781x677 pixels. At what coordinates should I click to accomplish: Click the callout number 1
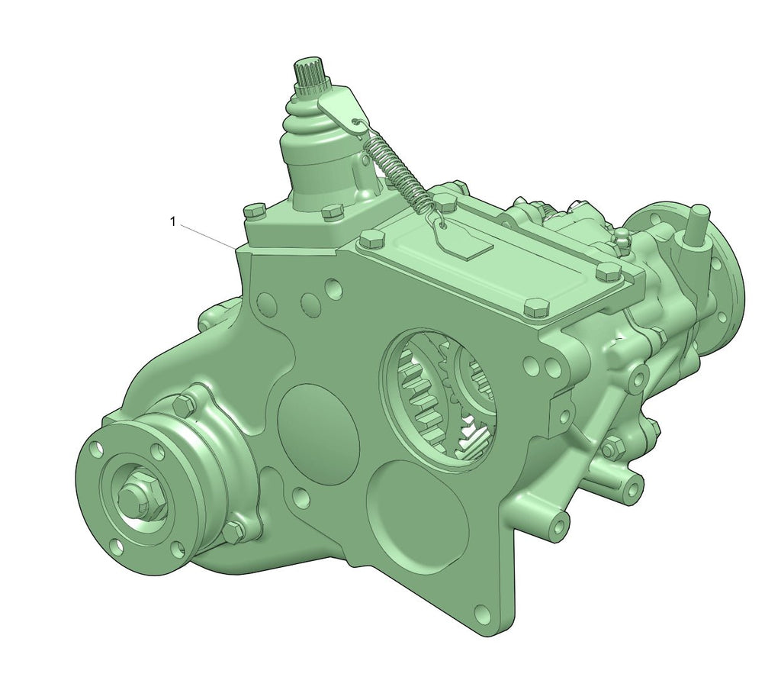click(173, 221)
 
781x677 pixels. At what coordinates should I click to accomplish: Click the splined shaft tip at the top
click(310, 74)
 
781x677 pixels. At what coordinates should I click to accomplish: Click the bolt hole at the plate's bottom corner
click(480, 612)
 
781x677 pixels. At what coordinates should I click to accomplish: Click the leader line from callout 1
click(210, 236)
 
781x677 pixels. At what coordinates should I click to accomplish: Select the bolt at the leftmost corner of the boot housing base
click(253, 210)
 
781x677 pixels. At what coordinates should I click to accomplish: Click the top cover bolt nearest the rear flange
click(606, 272)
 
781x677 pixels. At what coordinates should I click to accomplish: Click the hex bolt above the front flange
click(183, 402)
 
